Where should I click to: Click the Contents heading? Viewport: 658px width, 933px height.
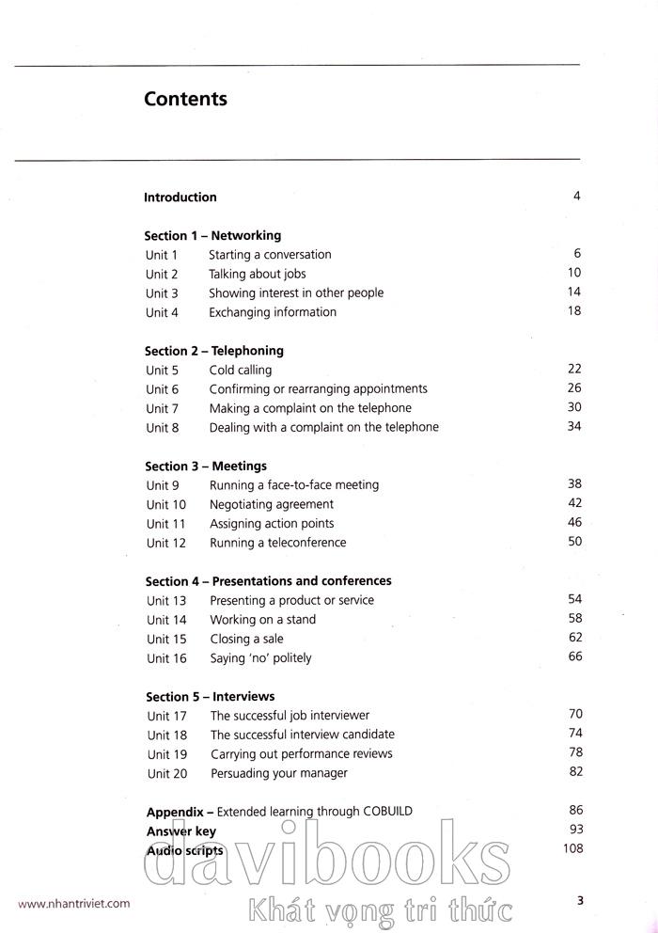[185, 99]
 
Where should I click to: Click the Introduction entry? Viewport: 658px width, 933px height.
[180, 198]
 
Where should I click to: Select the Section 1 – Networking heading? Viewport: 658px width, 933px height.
[212, 236]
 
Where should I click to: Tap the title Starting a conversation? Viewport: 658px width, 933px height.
[270, 255]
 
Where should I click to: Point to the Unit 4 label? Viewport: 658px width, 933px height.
[162, 312]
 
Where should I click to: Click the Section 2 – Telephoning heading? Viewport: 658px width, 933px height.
[213, 351]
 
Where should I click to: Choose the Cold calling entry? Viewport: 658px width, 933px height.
[240, 371]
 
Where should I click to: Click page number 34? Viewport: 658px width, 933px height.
[574, 427]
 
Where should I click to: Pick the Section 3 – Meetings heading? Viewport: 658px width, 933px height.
[206, 466]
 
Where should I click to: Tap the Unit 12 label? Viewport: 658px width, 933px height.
[166, 544]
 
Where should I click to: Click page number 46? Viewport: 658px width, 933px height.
[574, 523]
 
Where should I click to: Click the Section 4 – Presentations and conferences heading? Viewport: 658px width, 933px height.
[268, 581]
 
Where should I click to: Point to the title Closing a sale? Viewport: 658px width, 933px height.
[246, 640]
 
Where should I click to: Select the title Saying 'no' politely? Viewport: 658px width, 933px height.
[260, 658]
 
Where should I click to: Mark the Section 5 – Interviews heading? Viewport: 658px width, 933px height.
[210, 697]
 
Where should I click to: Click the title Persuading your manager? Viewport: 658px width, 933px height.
[278, 773]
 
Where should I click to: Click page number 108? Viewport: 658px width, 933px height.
[572, 849]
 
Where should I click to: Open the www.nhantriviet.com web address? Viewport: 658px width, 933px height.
[74, 904]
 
